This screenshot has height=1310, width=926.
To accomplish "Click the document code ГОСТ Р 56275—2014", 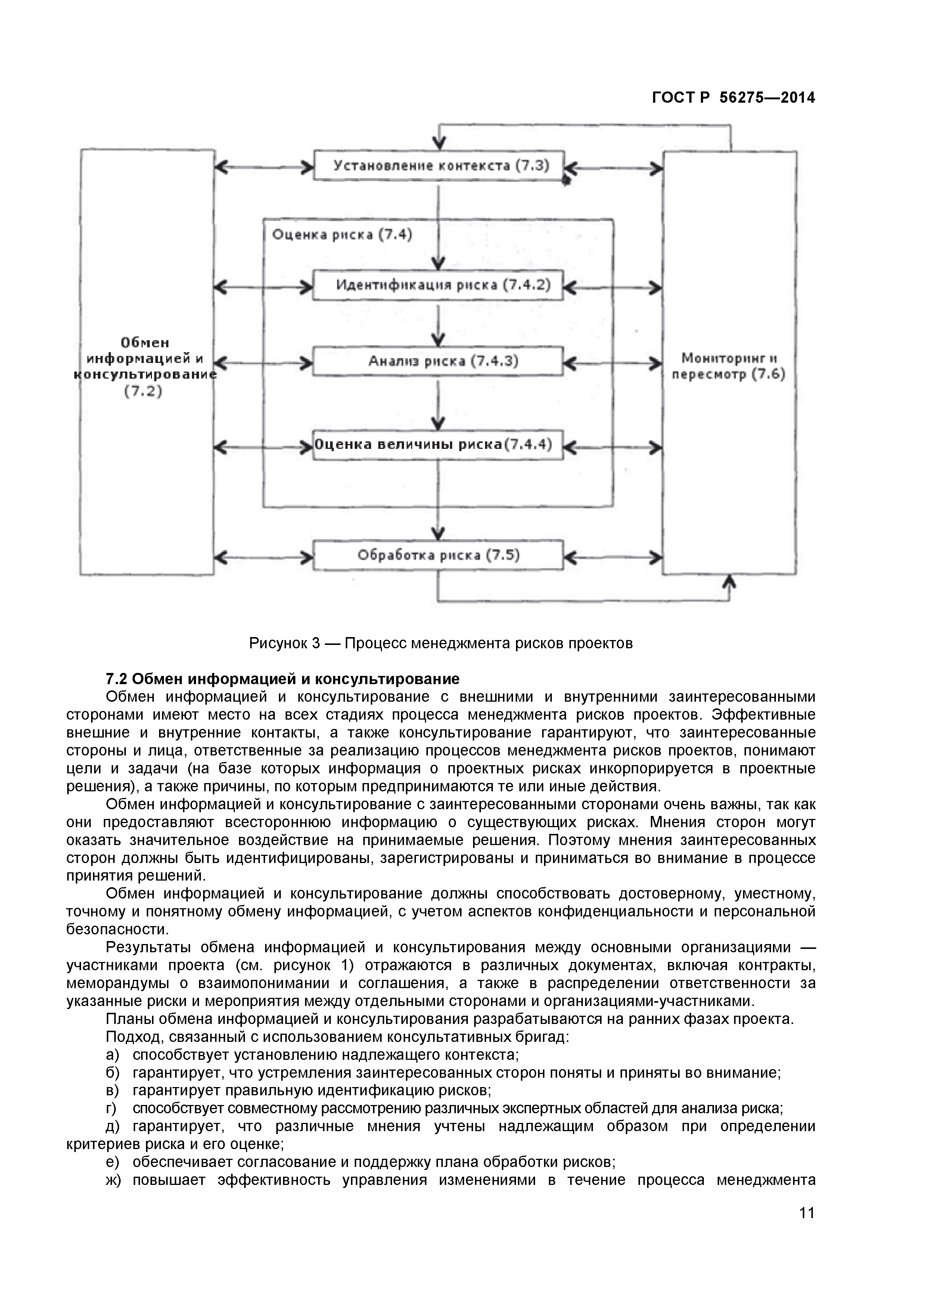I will pyautogui.click(x=733, y=97).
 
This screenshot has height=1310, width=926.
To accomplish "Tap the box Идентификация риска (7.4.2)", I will pyautogui.click(x=438, y=285).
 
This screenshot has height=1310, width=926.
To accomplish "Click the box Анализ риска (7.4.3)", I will pyautogui.click(x=438, y=361).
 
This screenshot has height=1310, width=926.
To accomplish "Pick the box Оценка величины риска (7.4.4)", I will pyautogui.click(x=438, y=444).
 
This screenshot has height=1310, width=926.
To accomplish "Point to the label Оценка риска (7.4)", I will pyautogui.click(x=342, y=235).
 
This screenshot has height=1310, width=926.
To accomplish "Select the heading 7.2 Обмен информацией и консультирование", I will pyautogui.click(x=282, y=679).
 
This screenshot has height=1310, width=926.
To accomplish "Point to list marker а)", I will pyautogui.click(x=112, y=1055).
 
